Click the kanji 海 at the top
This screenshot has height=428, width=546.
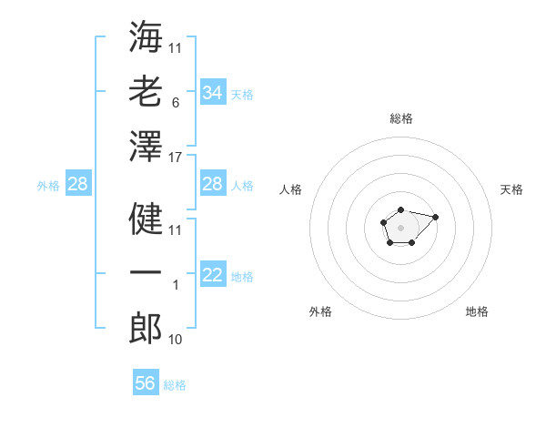click(x=146, y=36)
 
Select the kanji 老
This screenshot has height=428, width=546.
click(x=146, y=91)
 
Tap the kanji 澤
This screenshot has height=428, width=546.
click(x=146, y=146)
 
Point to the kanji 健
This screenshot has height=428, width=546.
click(x=146, y=219)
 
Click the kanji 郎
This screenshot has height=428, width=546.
click(x=146, y=328)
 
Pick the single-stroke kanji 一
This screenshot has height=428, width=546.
click(x=146, y=272)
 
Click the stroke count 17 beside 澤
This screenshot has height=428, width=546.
click(x=175, y=158)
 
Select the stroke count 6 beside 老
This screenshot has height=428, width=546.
click(x=176, y=103)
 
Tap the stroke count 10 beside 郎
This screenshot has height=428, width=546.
click(x=175, y=340)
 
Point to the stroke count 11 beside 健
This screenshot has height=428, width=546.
click(x=175, y=230)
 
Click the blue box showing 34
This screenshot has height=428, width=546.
click(x=213, y=92)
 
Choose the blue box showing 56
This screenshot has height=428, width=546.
click(x=146, y=382)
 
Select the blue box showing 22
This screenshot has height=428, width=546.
click(x=213, y=273)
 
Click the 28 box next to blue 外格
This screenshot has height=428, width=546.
click(x=78, y=183)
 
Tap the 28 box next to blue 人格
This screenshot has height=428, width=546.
click(x=213, y=183)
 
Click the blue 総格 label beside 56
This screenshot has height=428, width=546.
click(x=175, y=385)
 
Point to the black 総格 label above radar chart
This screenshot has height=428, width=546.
click(x=401, y=118)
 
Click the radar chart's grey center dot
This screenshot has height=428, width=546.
click(x=400, y=228)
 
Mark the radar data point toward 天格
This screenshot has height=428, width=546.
click(x=435, y=217)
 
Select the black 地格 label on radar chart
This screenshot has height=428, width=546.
click(x=477, y=311)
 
